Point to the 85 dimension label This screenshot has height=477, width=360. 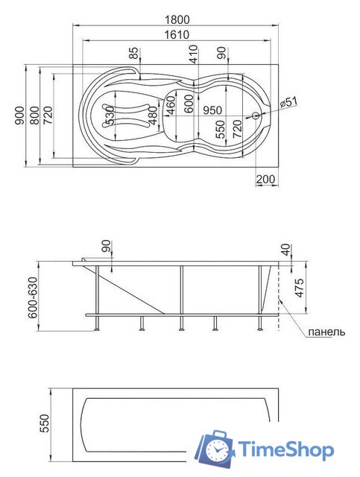(x=133, y=54)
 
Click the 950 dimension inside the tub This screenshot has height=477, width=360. (x=214, y=110)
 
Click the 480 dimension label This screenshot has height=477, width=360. (x=154, y=116)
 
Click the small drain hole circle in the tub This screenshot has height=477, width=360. (x=256, y=116)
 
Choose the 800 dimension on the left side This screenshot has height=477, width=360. (x=34, y=116)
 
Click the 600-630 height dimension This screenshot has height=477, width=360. (x=32, y=297)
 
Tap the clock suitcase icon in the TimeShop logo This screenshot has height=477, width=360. (x=215, y=448)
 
